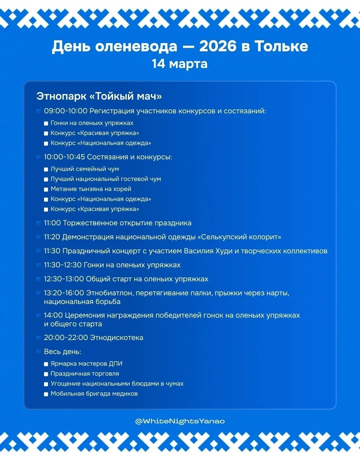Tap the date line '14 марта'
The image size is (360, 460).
[180, 63]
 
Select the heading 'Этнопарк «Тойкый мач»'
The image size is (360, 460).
[99, 96]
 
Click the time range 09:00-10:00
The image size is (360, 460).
[65, 111]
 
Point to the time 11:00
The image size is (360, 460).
[52, 223]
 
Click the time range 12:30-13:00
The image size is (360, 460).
[64, 279]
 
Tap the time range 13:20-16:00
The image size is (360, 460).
[64, 293]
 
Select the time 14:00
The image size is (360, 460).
[53, 315]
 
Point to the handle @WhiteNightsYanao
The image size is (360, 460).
[180, 421]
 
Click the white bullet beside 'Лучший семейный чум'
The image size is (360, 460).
[46, 169]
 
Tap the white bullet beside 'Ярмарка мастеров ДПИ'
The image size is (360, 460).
[46, 364]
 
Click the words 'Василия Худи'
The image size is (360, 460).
[206, 251]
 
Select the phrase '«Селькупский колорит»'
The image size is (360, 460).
[239, 237]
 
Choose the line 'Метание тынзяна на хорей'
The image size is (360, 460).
[91, 189]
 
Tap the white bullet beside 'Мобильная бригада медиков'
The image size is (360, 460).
[46, 394]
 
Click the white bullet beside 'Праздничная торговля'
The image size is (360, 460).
[46, 374]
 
